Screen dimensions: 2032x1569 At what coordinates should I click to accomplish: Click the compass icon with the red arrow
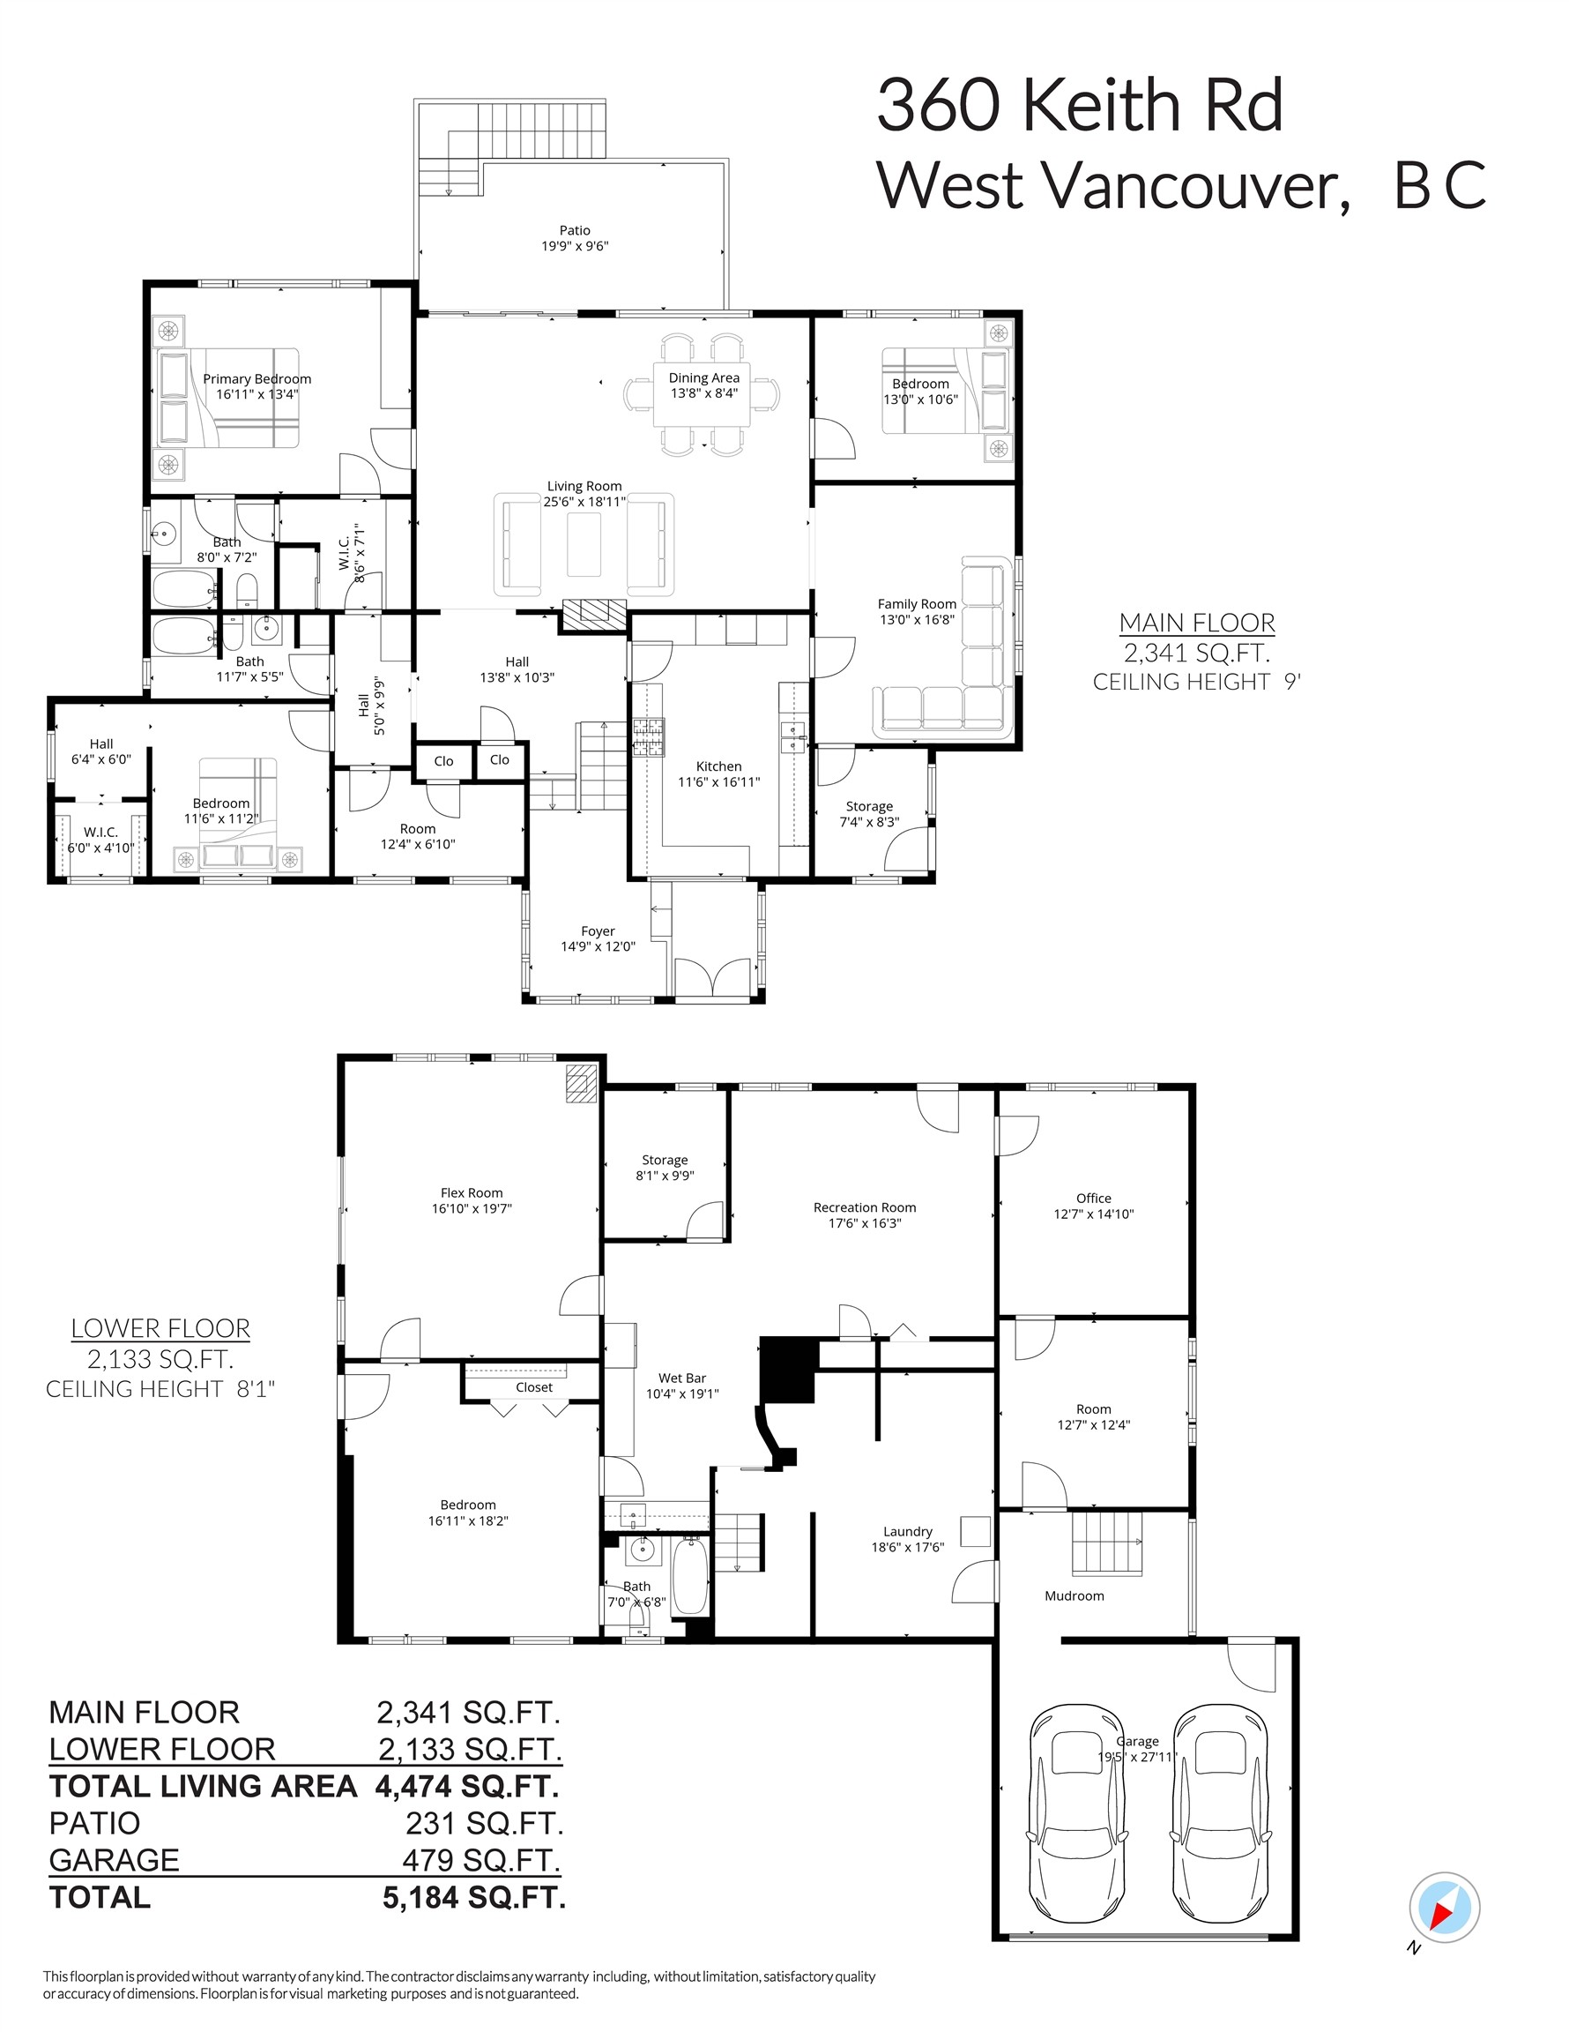click(1444, 1908)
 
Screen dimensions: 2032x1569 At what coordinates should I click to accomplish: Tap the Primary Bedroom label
click(257, 378)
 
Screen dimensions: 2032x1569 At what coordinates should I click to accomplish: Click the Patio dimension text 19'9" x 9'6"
click(575, 247)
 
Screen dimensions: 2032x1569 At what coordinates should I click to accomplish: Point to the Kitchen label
click(718, 766)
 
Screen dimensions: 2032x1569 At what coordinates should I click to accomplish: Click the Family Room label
click(916, 604)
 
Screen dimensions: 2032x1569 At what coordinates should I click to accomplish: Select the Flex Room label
click(472, 1192)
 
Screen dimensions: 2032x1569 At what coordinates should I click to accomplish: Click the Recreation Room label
click(864, 1207)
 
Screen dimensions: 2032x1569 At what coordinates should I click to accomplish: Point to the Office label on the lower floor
click(1093, 1199)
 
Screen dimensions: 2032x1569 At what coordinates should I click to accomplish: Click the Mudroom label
click(1075, 1595)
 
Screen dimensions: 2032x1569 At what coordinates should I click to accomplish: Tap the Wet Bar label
click(681, 1378)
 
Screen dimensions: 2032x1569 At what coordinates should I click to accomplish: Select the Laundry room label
click(907, 1531)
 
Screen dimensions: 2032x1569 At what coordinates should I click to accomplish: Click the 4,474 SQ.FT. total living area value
click(467, 1786)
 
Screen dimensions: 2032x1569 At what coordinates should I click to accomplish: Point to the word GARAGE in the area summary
click(114, 1860)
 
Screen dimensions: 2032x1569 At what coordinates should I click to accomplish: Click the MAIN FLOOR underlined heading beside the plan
click(1196, 623)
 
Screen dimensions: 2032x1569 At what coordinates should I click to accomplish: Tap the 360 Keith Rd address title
click(1079, 105)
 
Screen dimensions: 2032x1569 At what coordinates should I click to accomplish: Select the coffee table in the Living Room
click(584, 544)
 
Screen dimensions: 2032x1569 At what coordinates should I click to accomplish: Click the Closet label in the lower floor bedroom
click(534, 1387)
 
